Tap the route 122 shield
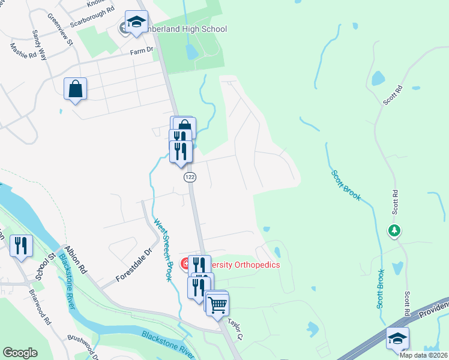pos(190,177)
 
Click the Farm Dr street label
pos(142,52)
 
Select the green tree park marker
pos(394,230)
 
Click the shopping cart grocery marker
pos(217,304)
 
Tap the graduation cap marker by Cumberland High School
pos(136,22)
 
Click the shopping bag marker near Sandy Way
pos(76,89)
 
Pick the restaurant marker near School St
pos(20,245)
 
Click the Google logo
pos(20,353)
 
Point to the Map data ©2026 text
pos(423,355)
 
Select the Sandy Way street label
pos(40,43)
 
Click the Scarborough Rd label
pos(92,12)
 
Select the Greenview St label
pos(59,31)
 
